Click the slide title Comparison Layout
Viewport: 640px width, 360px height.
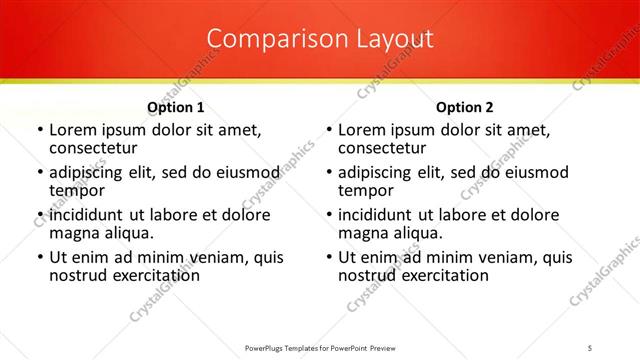(x=320, y=39)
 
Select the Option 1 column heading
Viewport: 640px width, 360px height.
(x=176, y=107)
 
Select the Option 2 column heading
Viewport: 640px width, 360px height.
(x=465, y=107)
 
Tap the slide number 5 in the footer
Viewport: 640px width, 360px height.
(x=590, y=347)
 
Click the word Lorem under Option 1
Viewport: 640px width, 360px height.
(x=72, y=130)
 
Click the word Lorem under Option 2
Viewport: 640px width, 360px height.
(x=361, y=130)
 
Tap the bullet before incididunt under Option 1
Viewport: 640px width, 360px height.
(x=38, y=216)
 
